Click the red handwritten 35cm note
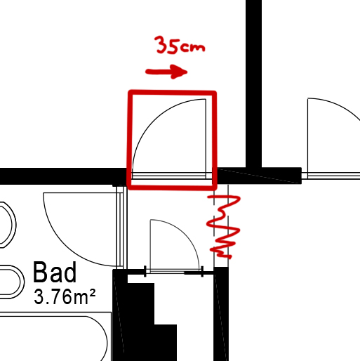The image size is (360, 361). click(x=180, y=45)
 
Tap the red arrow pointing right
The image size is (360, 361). click(x=166, y=72)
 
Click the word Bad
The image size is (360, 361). click(x=55, y=273)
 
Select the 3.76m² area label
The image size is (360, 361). click(x=65, y=296)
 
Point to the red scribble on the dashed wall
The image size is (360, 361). click(x=223, y=226)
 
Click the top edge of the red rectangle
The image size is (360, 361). click(x=172, y=93)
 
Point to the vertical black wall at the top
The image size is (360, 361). click(x=253, y=84)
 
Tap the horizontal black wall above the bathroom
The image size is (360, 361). click(x=63, y=176)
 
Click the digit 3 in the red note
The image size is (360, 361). click(x=161, y=44)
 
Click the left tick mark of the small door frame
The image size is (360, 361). click(x=145, y=271)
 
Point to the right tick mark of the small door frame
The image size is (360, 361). click(x=202, y=271)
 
